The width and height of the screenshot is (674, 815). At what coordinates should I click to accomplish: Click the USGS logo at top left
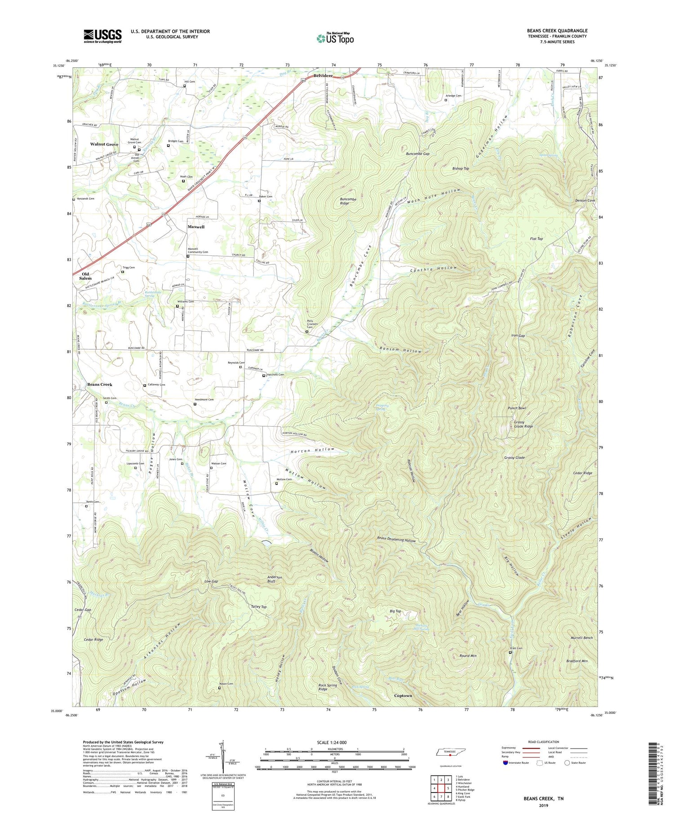(102, 36)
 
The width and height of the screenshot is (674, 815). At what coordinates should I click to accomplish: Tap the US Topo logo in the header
(335, 38)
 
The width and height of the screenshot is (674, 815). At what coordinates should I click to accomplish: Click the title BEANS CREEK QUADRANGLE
(557, 31)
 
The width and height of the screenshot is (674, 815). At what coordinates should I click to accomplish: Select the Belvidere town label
(323, 76)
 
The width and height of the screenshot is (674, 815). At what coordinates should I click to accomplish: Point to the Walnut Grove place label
(104, 144)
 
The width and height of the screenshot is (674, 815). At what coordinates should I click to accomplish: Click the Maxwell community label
(196, 227)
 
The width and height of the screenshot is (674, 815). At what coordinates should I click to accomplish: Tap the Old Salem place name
(85, 276)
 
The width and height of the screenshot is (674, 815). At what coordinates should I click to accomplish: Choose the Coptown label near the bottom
(403, 695)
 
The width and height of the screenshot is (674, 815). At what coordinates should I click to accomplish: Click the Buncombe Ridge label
(348, 201)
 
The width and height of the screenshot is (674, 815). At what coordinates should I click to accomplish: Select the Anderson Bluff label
(275, 579)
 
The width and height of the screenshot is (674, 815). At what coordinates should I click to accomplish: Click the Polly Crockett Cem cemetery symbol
(307, 332)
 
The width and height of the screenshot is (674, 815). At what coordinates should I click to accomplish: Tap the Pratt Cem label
(516, 648)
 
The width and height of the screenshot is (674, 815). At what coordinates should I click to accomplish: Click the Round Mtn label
(468, 656)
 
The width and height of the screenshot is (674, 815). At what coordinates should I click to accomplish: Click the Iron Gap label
(518, 336)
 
